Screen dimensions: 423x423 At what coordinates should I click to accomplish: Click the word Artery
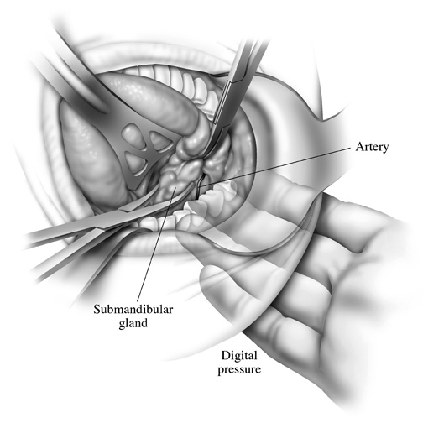[x=372, y=147]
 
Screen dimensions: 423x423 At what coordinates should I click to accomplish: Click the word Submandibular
[x=133, y=310]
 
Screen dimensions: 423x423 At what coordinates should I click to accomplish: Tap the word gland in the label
[x=133, y=323]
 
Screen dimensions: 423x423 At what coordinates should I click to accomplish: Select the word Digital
[x=239, y=356]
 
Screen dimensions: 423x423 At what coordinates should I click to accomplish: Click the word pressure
[x=239, y=369]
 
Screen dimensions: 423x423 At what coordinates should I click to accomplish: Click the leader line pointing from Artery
[x=275, y=166]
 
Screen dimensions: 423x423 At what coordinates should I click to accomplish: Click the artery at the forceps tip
[x=200, y=186]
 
